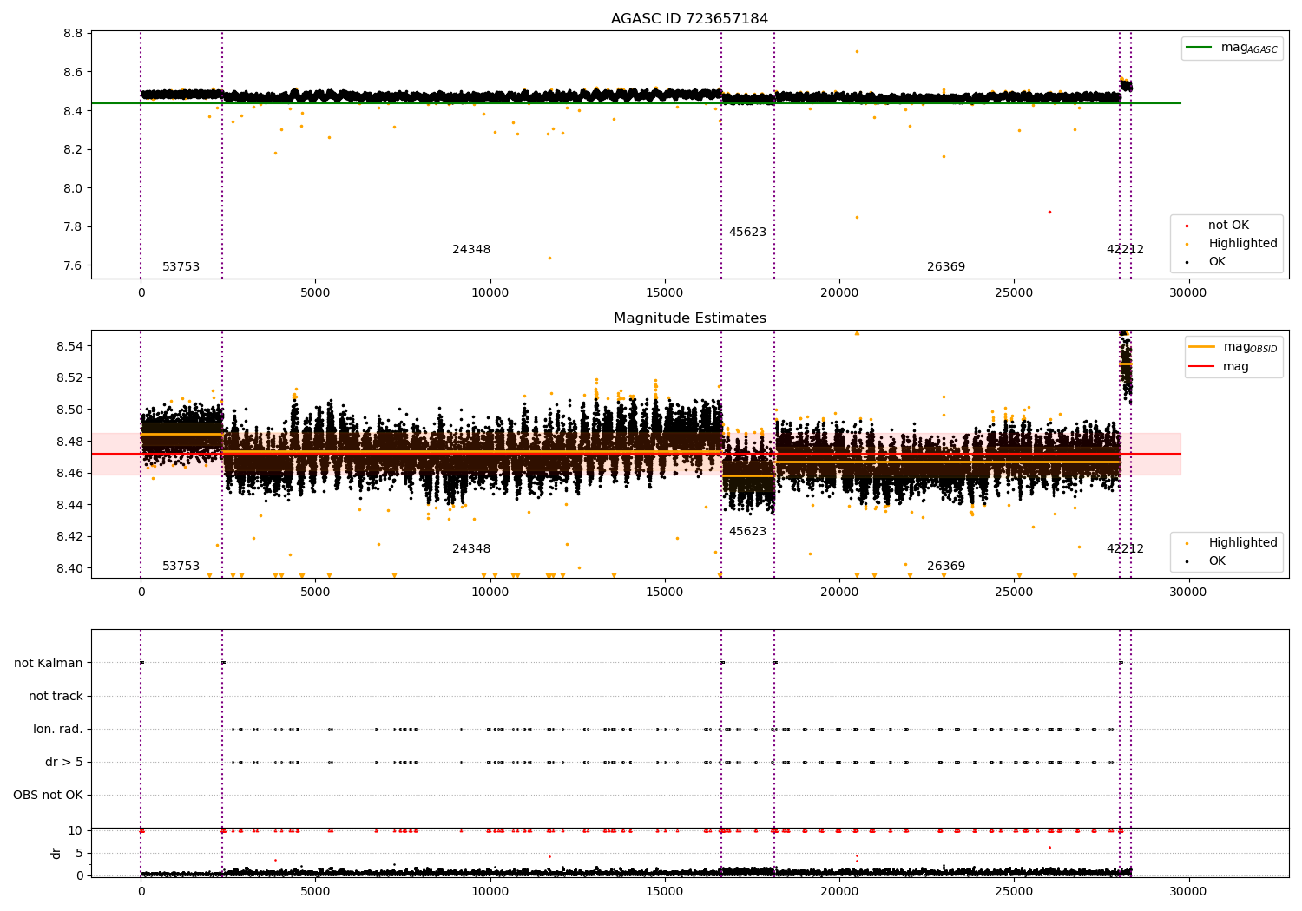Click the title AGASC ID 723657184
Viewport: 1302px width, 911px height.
(689, 19)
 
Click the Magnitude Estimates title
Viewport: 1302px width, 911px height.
(689, 318)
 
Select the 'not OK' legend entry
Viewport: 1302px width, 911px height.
(1228, 226)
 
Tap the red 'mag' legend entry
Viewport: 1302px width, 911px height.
(1235, 366)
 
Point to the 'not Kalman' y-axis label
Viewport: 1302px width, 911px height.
(49, 663)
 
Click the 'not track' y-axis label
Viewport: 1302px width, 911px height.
(56, 696)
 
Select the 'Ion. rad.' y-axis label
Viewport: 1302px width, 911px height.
(58, 729)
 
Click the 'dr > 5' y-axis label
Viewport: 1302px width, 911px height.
(64, 762)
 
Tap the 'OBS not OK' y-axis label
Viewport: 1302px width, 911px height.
(48, 795)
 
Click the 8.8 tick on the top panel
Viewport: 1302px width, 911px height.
(73, 33)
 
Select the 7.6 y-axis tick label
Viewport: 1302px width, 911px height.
(73, 265)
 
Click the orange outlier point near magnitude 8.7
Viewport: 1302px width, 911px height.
(857, 51)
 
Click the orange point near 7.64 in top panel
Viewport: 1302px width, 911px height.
(549, 258)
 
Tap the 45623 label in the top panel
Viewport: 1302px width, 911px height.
(747, 233)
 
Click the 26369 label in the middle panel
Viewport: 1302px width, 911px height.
(945, 567)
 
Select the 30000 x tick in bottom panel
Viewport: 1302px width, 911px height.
(1187, 891)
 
